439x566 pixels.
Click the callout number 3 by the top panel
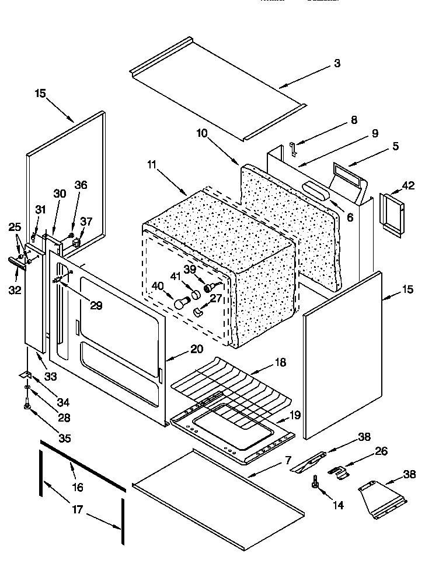337,63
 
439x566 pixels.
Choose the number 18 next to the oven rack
281,362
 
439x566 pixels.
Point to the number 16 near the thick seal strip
78,487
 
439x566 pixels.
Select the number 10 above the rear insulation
201,133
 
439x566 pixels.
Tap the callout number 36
81,185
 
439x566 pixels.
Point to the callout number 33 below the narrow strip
51,377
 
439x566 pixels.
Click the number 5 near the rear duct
395,146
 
